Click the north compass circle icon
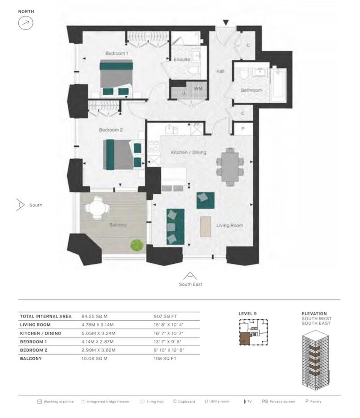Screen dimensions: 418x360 [x=26, y=23]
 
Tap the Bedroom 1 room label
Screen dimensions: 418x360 [x=117, y=53]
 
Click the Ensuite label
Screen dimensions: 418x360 [x=182, y=60]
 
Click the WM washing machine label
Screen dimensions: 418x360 [x=198, y=89]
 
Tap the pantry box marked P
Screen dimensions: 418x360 [x=242, y=129]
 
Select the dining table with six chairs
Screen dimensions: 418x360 [x=230, y=166]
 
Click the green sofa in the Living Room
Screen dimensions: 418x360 [x=176, y=226]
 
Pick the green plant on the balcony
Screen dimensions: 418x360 [x=136, y=245]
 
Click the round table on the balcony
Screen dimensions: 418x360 [x=97, y=208]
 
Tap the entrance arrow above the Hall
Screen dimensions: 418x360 [x=225, y=22]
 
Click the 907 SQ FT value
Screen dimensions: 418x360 [x=165, y=316]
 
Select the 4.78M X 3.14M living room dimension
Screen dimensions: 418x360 [x=99, y=325]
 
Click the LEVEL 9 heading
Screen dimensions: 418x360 [x=248, y=313]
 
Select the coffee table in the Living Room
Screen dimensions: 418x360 [x=206, y=226]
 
